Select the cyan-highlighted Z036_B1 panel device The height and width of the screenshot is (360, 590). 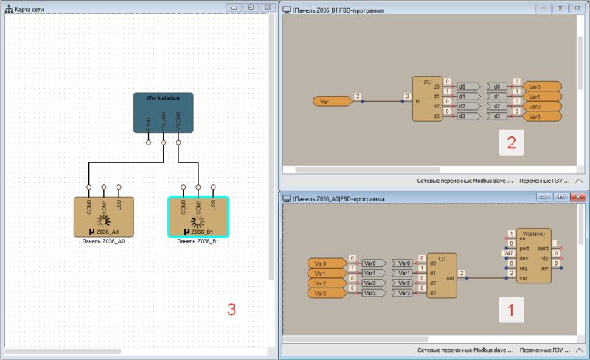198,216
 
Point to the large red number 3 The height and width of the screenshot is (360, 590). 231,310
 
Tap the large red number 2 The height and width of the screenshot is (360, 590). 510,143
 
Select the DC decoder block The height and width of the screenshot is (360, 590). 427,100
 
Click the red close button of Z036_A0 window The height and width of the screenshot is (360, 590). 577,198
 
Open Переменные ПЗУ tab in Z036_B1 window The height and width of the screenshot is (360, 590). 543,180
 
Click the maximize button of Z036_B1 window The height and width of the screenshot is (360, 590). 560,8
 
